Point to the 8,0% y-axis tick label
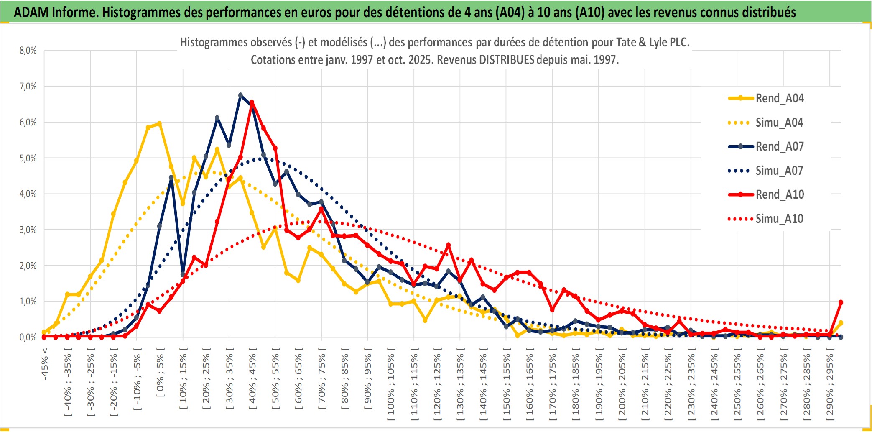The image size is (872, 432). pos(28,51)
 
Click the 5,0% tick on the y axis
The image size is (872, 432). pos(28,158)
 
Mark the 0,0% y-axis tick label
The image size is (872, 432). pos(28,337)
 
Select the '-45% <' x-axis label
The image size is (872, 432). pos(45,364)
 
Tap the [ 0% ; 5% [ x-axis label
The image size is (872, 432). pos(161,372)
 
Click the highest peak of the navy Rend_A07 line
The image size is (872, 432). pos(240,95)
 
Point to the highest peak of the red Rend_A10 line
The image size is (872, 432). pos(252,102)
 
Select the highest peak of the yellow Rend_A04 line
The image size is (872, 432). pos(159,123)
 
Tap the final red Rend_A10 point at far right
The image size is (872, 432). pos(841,302)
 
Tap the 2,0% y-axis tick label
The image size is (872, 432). pos(28,266)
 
